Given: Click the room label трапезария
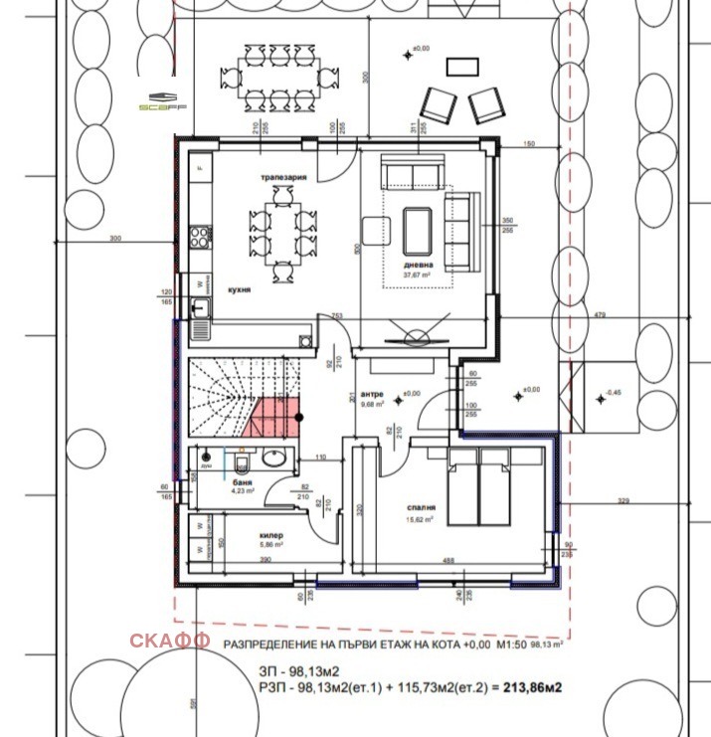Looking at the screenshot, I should [x=283, y=177].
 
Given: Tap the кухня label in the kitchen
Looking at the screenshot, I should [x=237, y=291].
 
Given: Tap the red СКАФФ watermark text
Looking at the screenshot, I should [x=169, y=641].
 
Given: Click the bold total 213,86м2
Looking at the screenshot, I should [x=533, y=686].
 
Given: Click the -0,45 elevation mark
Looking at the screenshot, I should [x=614, y=393].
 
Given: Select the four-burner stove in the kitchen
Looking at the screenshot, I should [x=200, y=238].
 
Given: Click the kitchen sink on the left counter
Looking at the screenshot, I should [x=200, y=308].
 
